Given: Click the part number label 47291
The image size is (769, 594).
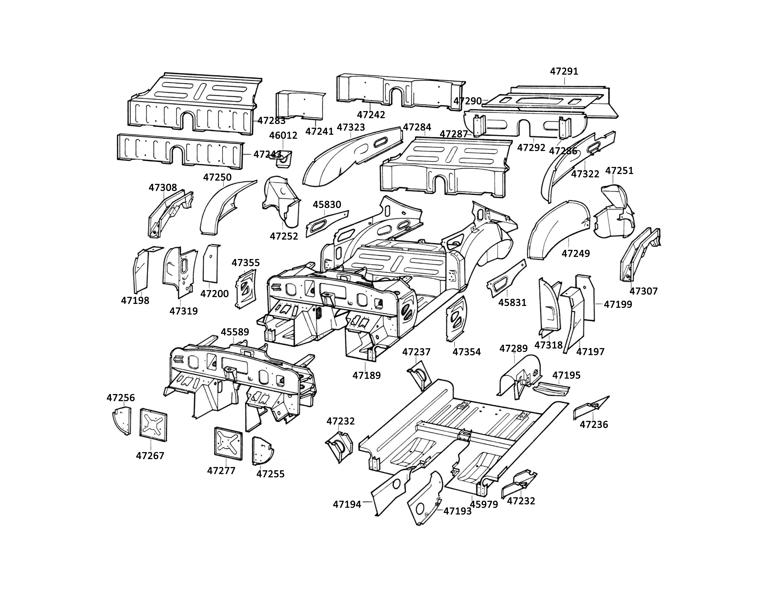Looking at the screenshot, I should [x=564, y=72].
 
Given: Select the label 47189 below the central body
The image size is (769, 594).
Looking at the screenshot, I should [x=367, y=376].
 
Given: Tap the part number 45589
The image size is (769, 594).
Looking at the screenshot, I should [x=235, y=332].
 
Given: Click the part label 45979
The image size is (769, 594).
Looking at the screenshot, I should [x=484, y=504].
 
